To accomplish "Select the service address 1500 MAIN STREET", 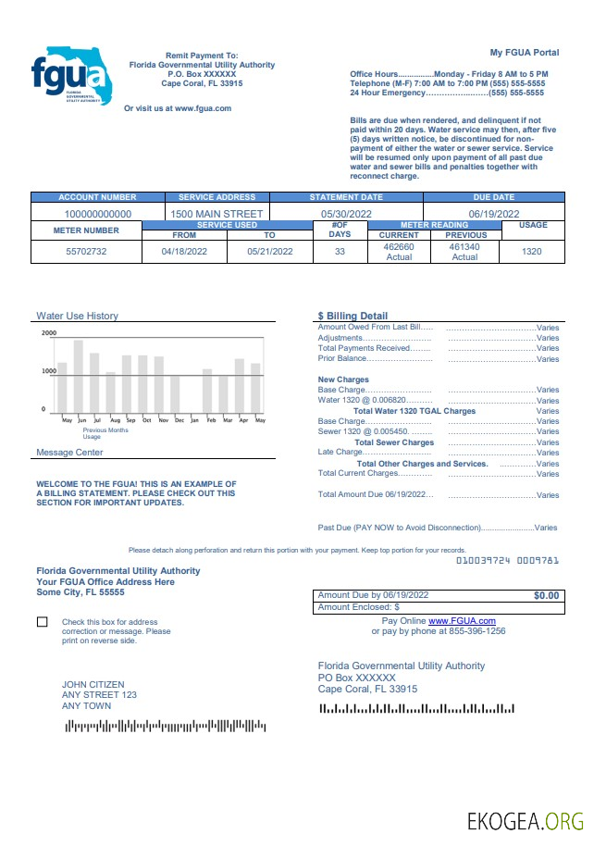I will coord(217,214).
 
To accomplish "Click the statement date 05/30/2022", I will coord(346,214).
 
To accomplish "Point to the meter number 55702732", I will coord(86,252).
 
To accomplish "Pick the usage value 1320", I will coord(532,252).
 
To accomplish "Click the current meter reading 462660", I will coord(399,247).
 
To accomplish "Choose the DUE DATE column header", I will coord(493,197).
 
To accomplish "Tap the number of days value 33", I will coord(340,252).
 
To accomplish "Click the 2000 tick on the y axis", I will coord(49,333).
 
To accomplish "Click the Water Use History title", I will coord(77,316).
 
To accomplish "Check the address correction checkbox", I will coord(43,622).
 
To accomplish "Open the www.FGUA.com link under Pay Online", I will coord(462,620).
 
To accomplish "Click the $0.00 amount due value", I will coord(546,595).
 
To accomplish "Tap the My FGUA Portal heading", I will coord(525,52).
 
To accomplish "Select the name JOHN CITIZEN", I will coord(93,685).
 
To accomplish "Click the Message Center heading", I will coord(69,453).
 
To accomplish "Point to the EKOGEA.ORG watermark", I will coord(525,820).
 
